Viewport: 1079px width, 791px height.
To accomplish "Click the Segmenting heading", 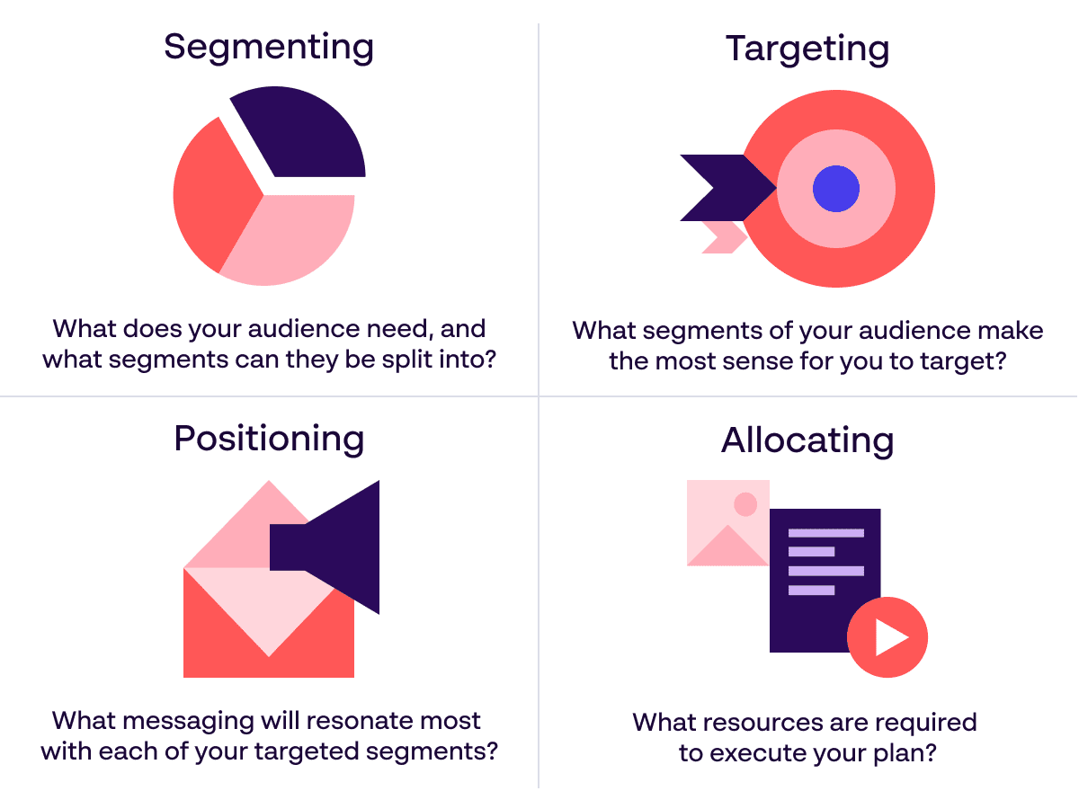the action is point(269,49).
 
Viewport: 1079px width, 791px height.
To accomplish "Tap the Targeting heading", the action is point(807,50).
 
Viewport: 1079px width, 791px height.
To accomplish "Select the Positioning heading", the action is point(269,440).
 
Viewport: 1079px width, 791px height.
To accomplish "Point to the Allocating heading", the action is point(807,441).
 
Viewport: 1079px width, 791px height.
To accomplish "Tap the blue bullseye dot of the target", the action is point(836,189).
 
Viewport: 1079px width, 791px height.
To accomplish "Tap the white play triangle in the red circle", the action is point(890,638).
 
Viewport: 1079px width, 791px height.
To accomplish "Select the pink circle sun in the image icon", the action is point(745,504).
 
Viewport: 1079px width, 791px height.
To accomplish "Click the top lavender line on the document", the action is point(826,533).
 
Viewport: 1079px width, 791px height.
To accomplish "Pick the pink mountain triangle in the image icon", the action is point(727,546).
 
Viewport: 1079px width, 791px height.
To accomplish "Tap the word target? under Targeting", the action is point(963,362).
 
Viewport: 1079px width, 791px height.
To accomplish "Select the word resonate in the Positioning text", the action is point(360,721).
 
